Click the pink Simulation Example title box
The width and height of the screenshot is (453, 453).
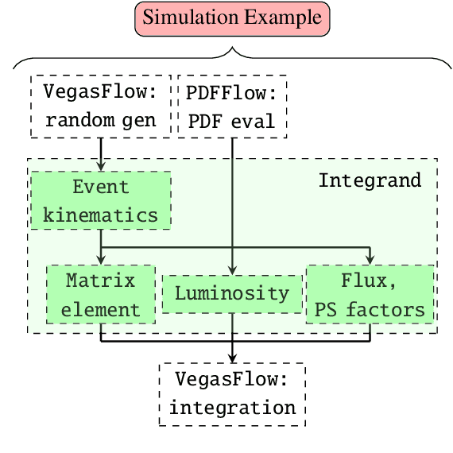pyautogui.click(x=232, y=18)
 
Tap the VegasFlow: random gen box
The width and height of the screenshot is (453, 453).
pyautogui.click(x=102, y=106)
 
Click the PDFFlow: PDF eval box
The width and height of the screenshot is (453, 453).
pyautogui.click(x=231, y=106)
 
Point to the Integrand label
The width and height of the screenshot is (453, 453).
pyautogui.click(x=370, y=180)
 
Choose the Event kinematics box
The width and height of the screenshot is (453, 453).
pyautogui.click(x=101, y=201)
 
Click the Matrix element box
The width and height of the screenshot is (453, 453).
pyautogui.click(x=100, y=294)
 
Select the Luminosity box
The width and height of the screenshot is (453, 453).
pyautogui.click(x=232, y=293)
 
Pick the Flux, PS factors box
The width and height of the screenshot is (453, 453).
pyautogui.click(x=370, y=294)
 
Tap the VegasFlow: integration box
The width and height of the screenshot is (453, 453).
pyautogui.click(x=232, y=393)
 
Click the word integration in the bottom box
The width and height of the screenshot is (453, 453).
pyautogui.click(x=232, y=408)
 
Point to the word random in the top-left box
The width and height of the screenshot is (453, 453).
pyautogui.click(x=79, y=121)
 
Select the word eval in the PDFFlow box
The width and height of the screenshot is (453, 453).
pyautogui.click(x=255, y=121)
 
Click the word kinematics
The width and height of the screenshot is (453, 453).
pyautogui.click(x=101, y=215)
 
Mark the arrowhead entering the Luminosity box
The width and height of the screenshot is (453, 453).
pyautogui.click(x=232, y=271)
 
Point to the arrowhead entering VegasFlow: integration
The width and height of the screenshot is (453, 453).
pyautogui.click(x=232, y=358)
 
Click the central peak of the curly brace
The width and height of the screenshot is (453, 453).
pyautogui.click(x=232, y=49)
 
